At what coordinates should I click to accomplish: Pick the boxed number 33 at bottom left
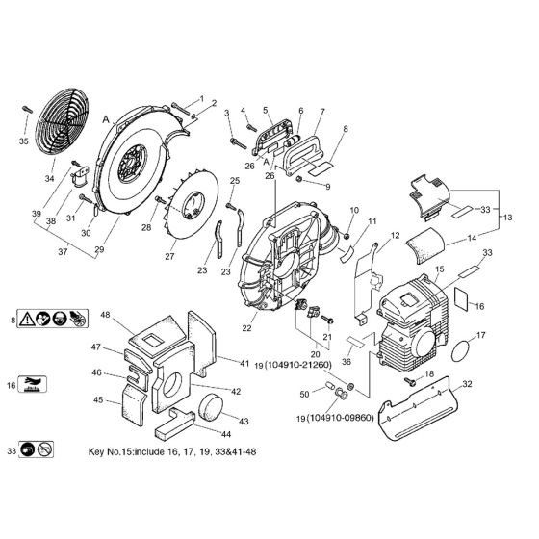click(12, 450)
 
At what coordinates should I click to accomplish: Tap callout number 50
click(304, 394)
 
